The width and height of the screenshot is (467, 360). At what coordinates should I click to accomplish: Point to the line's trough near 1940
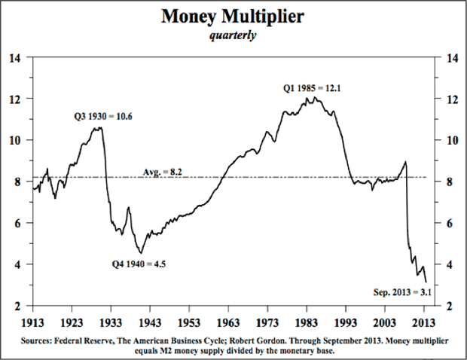click(140, 252)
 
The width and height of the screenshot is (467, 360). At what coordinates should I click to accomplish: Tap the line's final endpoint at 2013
click(426, 282)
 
